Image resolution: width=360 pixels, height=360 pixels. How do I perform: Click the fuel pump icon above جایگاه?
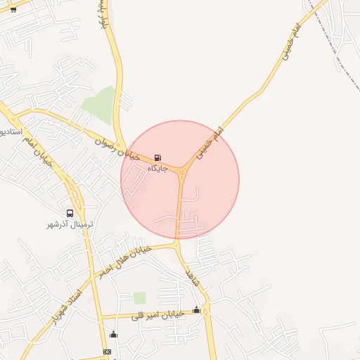157,158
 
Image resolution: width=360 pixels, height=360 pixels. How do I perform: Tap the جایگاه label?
157,169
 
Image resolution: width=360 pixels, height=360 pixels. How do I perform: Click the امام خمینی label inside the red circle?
209,142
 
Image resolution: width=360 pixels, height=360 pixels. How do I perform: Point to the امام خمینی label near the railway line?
292,41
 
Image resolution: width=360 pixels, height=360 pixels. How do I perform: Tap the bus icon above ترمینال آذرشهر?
70,213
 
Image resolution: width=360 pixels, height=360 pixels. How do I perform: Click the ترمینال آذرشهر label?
70,224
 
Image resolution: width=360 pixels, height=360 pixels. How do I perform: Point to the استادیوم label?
12,131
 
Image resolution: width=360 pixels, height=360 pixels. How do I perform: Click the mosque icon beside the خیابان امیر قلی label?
196,310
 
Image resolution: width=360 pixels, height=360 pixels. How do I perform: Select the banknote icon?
107,352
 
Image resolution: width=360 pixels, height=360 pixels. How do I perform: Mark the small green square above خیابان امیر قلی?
140,297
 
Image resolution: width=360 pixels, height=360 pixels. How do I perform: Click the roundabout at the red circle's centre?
182,170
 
